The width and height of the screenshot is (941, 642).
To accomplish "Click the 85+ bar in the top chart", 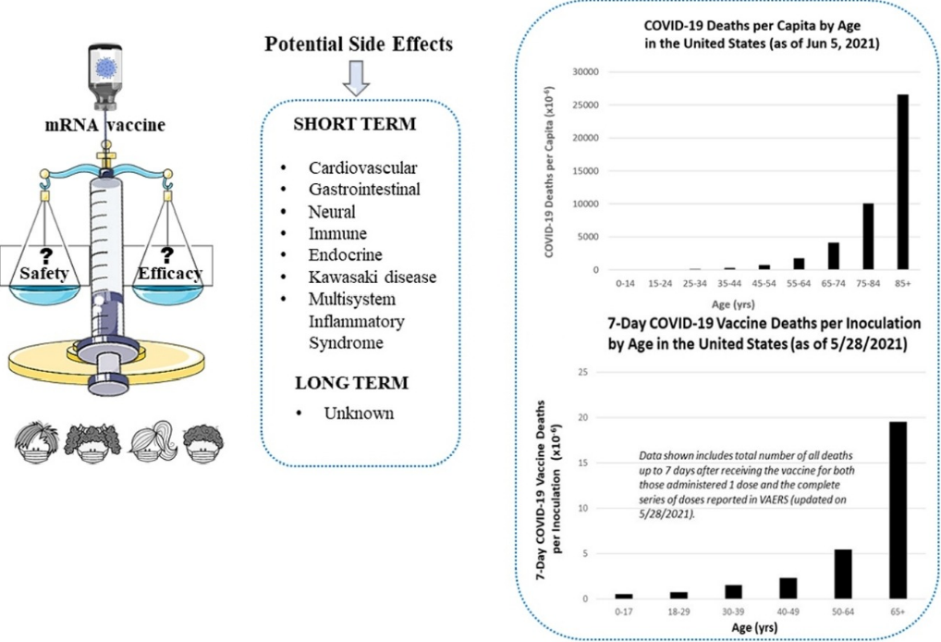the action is click(x=902, y=182).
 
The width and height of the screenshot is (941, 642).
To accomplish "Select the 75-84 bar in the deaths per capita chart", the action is click(x=868, y=237).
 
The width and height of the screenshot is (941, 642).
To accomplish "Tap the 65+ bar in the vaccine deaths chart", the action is click(x=898, y=511).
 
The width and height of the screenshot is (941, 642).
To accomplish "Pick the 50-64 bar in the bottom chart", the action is click(x=843, y=574).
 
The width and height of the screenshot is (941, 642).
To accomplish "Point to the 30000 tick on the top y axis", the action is click(x=587, y=72).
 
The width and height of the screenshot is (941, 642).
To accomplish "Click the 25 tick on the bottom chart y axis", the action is click(x=582, y=373).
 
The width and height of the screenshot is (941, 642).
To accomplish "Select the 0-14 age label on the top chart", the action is click(x=625, y=283).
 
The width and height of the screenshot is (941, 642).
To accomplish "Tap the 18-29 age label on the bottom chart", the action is click(x=678, y=612).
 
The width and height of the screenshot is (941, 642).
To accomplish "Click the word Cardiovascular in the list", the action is click(x=362, y=168).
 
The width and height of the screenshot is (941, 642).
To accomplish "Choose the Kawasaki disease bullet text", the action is click(x=373, y=278).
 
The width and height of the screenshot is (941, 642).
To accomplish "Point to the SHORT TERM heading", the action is click(x=355, y=124).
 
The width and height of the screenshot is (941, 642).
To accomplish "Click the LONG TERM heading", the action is click(x=351, y=383).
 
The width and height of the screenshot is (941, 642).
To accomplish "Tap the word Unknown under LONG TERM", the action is click(x=359, y=414).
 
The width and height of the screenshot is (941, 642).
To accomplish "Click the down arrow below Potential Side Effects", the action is click(x=356, y=78).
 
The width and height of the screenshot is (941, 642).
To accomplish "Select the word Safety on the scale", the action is click(x=43, y=273).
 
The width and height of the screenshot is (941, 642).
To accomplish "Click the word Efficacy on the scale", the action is click(x=170, y=273).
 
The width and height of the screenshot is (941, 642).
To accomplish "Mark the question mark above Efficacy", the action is click(x=167, y=255).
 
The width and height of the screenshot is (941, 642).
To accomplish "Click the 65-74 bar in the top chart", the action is click(x=833, y=256).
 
